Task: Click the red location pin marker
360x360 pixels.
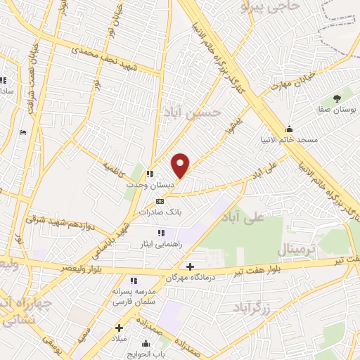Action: coord(181,165)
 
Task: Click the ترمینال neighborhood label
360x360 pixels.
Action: coord(299,249)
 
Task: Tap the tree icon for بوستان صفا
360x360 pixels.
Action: coord(337,99)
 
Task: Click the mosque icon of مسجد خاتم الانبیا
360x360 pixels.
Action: coord(289,129)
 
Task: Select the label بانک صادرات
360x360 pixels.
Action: coord(160,211)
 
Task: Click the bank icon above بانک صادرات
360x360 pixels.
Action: coord(160,200)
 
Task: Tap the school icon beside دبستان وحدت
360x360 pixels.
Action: coord(149,174)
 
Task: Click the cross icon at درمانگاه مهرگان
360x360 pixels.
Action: coord(190,266)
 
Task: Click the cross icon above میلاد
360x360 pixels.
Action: coord(119,327)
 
